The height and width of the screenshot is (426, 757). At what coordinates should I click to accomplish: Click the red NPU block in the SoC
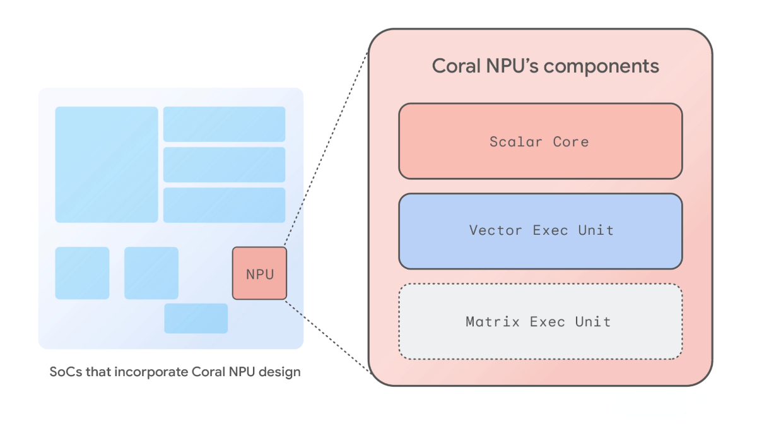pos(259,273)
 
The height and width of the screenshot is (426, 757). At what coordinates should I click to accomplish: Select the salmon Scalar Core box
pos(540,141)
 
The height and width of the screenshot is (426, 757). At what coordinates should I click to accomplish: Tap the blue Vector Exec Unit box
pos(540,231)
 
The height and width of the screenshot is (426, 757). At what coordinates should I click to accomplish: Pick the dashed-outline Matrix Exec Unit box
pos(540,321)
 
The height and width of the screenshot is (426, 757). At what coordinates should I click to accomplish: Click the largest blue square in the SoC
pos(107,165)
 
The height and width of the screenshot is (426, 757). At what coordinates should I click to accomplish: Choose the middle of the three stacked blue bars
pos(224,165)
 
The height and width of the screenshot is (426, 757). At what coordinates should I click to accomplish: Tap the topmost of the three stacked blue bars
pos(224,124)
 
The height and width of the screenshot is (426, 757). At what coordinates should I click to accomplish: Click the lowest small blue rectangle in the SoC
pos(196,318)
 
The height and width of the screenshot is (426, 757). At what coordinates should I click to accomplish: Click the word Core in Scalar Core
pos(571,141)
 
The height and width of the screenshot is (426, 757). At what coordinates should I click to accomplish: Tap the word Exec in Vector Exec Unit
pos(551,230)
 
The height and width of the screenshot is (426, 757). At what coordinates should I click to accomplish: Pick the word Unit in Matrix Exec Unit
pos(593,322)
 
